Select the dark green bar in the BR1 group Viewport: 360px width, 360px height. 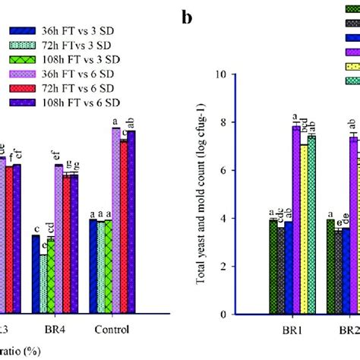pos(272,267)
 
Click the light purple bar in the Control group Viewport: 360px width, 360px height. pos(115,220)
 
